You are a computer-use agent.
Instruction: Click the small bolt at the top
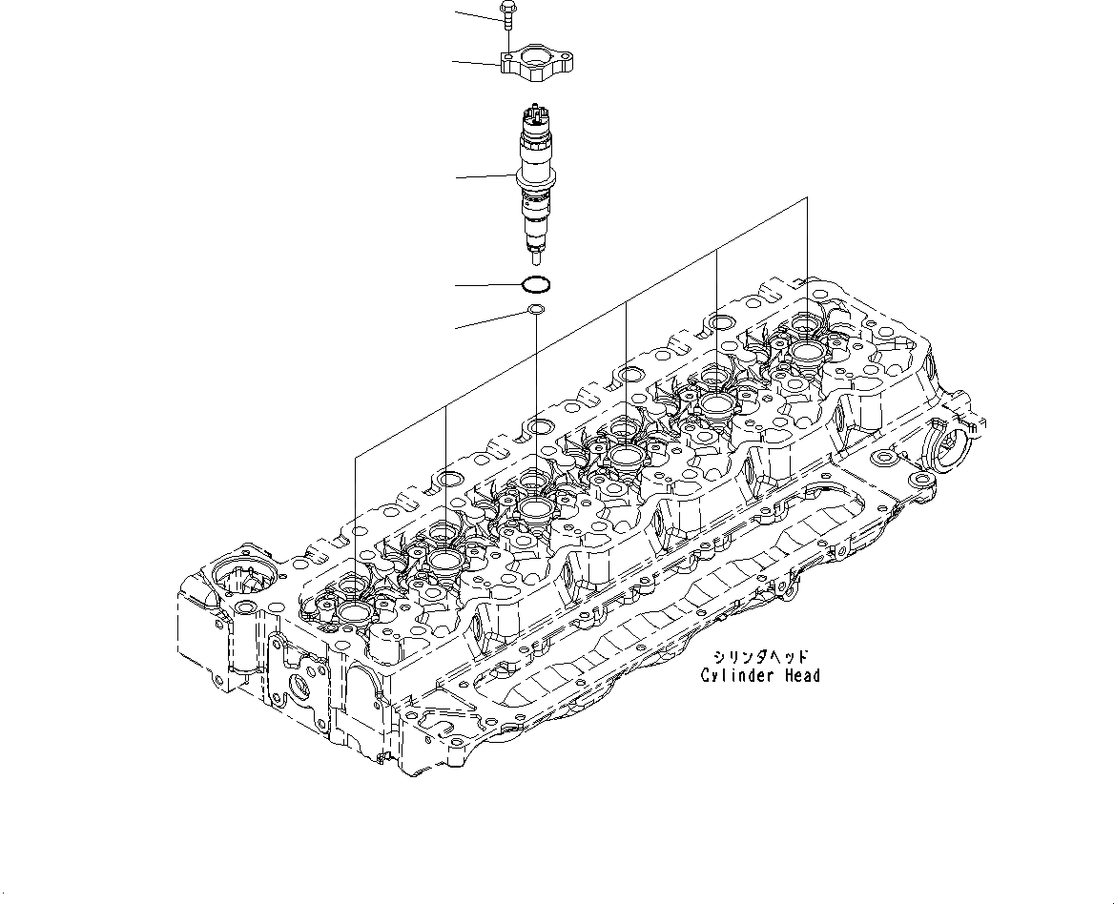[508, 18]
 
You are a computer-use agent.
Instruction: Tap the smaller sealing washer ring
[535, 310]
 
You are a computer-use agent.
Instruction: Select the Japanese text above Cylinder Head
[760, 656]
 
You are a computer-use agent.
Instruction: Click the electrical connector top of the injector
[533, 114]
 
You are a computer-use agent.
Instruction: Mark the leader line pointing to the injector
[485, 176]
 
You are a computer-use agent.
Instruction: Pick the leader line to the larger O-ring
[488, 285]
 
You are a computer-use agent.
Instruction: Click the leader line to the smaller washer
[491, 319]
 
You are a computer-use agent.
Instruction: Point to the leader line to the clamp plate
[478, 63]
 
